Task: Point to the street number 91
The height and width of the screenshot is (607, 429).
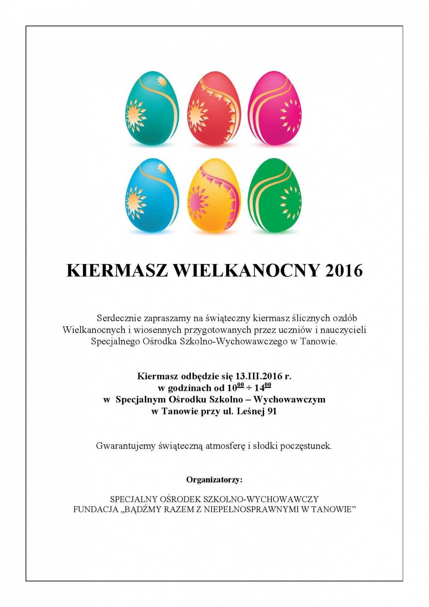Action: [x=272, y=411]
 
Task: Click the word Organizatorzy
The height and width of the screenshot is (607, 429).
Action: [x=214, y=480]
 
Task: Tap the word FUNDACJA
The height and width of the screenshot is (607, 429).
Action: [x=95, y=509]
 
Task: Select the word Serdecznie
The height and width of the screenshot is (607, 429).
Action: [x=119, y=318]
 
